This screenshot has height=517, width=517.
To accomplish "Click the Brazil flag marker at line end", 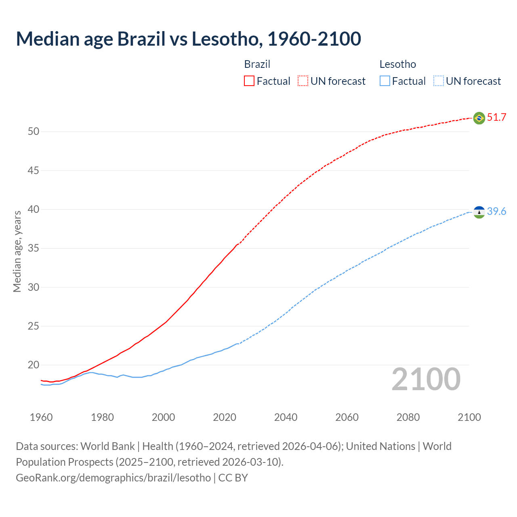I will [x=479, y=118].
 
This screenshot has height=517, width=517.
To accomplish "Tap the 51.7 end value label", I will [x=496, y=118].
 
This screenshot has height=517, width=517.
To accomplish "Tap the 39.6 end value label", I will [x=496, y=212].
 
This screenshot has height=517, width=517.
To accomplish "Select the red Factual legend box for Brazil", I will [x=249, y=81].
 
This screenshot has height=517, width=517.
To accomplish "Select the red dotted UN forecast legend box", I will [x=303, y=81].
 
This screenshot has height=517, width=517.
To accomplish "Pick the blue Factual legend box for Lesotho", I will [x=385, y=81].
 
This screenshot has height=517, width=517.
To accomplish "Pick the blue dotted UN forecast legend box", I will [x=438, y=81].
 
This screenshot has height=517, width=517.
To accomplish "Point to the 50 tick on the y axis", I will [x=34, y=132].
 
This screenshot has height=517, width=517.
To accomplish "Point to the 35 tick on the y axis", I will [x=34, y=248].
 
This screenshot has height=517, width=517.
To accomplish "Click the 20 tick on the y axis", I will [x=34, y=365].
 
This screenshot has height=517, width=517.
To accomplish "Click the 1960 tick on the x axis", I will [x=41, y=417].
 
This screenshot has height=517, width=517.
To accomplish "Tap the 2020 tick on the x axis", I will [x=225, y=417].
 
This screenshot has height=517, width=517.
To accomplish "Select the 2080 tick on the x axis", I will [x=408, y=417].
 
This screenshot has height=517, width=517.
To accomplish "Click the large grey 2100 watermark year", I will [x=426, y=379].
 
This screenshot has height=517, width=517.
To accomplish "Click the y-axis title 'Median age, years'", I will [x=17, y=251].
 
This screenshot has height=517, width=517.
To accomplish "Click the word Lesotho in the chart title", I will [x=225, y=39].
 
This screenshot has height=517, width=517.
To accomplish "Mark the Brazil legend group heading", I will [x=257, y=64].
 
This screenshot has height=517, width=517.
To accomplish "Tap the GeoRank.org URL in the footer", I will [x=113, y=478].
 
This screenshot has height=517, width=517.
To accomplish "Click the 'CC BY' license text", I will [x=233, y=478].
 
